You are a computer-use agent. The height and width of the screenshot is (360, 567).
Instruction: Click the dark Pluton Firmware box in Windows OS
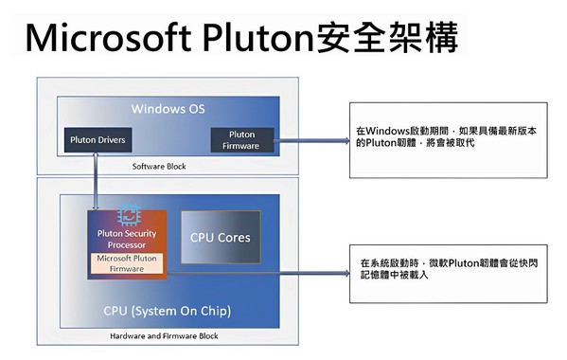[x=241, y=140]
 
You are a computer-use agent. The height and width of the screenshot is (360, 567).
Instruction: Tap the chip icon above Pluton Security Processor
[x=127, y=216]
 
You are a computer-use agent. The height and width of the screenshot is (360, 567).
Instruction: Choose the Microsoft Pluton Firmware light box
[x=127, y=264]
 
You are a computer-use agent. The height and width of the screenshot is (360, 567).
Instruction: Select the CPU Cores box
[x=221, y=238]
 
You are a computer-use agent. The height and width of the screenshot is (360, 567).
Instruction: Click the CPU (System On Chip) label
[x=167, y=311]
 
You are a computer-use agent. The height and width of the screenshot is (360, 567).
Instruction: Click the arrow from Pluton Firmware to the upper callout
[x=312, y=141]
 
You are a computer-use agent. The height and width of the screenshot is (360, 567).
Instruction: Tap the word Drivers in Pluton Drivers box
[x=111, y=139]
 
